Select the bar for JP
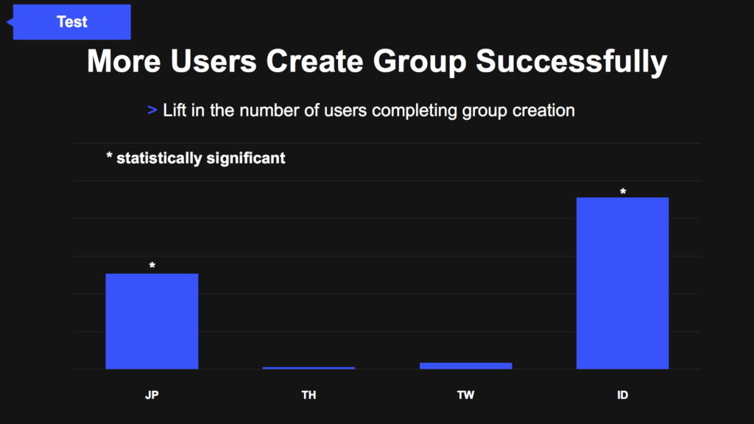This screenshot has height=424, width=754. [152, 321]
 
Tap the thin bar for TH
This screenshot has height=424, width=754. [309, 368]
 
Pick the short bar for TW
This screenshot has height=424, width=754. [465, 366]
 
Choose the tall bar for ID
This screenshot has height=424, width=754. [622, 283]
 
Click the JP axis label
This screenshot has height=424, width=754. [152, 395]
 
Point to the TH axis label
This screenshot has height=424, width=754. [309, 395]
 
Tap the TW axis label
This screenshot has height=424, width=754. [465, 395]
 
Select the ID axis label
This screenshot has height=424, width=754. [622, 395]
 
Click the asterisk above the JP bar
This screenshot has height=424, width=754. [152, 265]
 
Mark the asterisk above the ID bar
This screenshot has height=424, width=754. [623, 191]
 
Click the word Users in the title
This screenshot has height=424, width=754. [213, 61]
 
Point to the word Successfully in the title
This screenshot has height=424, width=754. [571, 62]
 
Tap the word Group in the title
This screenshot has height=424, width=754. [420, 62]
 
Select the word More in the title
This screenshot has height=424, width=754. [124, 61]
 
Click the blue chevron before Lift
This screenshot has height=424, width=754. [152, 110]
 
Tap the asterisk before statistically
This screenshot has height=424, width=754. [109, 155]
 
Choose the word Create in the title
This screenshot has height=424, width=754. [314, 61]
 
